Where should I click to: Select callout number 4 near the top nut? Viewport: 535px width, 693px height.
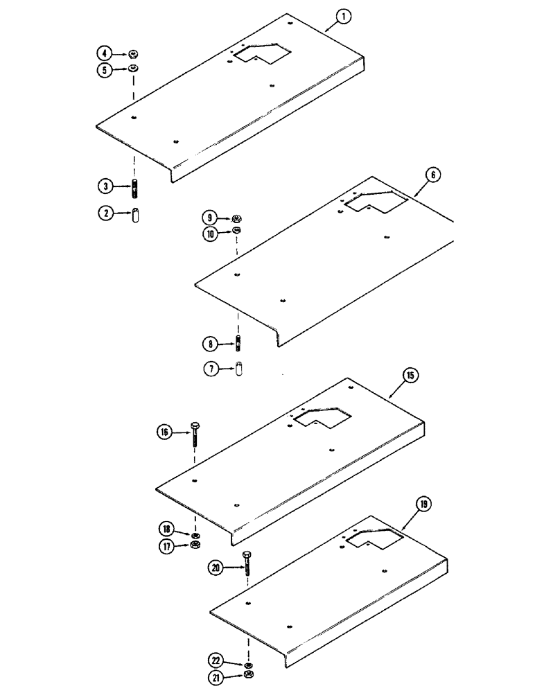click(103, 53)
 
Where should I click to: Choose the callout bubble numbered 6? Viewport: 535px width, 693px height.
click(431, 175)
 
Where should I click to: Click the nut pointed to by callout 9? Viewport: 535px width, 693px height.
click(237, 217)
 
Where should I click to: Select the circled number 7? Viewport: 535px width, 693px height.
click(210, 369)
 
